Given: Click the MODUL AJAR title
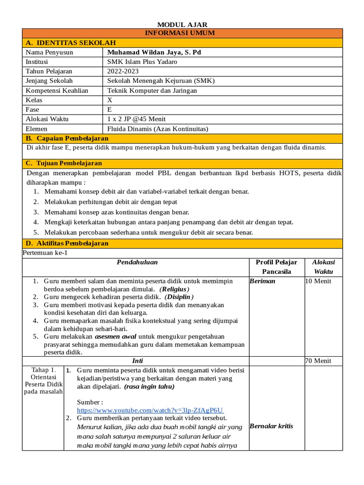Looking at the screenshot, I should (182, 25).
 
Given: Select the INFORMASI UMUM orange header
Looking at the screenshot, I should (182, 33).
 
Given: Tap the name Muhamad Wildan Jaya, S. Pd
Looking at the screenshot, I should (154, 52).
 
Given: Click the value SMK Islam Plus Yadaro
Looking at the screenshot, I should (142, 62).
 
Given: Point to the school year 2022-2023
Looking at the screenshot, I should (123, 71).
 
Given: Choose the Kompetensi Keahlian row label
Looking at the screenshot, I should (57, 90).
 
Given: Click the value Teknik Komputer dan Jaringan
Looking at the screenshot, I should (152, 90).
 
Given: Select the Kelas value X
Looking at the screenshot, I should (110, 100).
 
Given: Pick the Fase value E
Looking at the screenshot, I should (110, 109).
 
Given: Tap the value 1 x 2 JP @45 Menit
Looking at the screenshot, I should (136, 119).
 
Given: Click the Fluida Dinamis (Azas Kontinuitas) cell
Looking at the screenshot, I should (158, 128).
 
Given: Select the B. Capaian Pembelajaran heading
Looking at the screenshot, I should (67, 138).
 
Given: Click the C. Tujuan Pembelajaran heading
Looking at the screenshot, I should (64, 163).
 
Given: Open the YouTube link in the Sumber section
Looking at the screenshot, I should (150, 410).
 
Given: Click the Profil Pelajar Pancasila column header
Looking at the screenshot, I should (276, 267).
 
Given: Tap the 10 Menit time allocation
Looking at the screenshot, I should (318, 281).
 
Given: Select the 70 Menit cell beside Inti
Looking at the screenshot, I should (318, 360).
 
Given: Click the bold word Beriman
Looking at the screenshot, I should (262, 281).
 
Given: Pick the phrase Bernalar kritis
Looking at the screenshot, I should (271, 426).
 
